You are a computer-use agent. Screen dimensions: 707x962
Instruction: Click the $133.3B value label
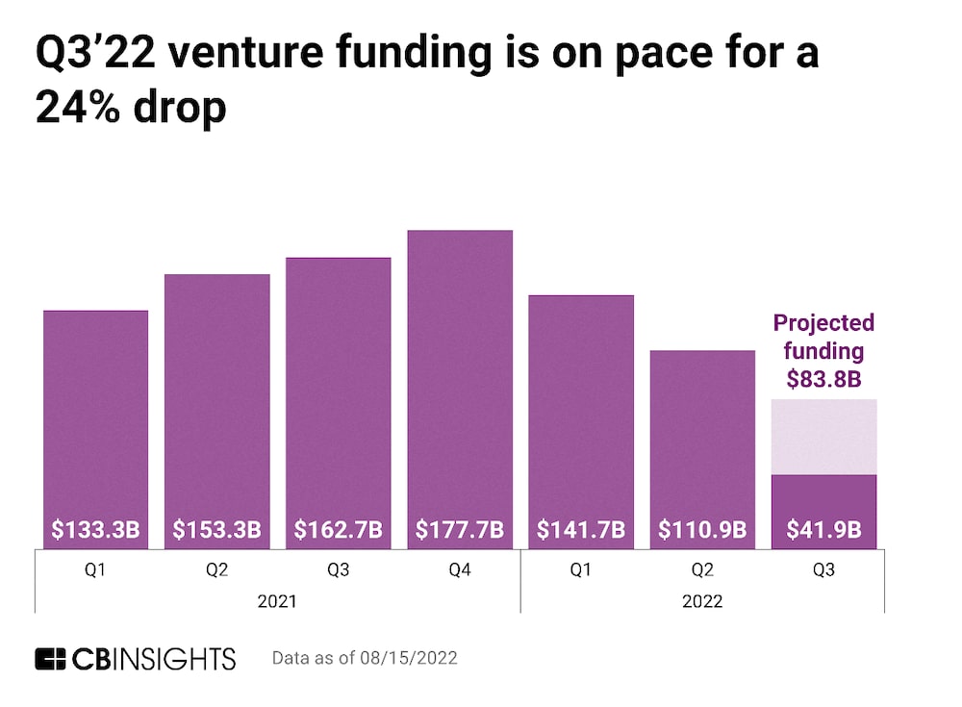pyautogui.click(x=96, y=530)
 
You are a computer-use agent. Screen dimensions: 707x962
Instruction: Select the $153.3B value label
pyautogui.click(x=217, y=530)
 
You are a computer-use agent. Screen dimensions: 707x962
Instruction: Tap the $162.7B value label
pyautogui.click(x=339, y=530)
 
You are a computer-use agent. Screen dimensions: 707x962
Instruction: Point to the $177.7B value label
pyautogui.click(x=460, y=530)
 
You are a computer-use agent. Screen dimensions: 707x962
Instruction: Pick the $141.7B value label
pyautogui.click(x=581, y=530)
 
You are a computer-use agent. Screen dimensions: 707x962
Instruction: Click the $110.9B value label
pyautogui.click(x=702, y=530)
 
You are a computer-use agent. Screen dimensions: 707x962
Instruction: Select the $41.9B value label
pyautogui.click(x=823, y=530)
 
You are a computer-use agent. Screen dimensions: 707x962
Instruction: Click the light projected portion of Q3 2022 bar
pyautogui.click(x=823, y=437)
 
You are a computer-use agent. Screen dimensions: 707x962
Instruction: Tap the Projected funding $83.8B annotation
pyautogui.click(x=823, y=350)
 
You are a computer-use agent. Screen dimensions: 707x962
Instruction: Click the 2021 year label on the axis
pyautogui.click(x=278, y=601)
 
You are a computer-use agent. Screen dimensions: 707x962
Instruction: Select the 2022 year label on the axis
pyautogui.click(x=702, y=601)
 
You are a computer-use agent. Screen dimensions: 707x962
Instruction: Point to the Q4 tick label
pyautogui.click(x=460, y=570)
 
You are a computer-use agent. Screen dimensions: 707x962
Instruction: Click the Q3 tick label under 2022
pyautogui.click(x=823, y=570)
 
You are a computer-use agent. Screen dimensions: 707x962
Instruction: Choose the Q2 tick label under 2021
pyautogui.click(x=217, y=570)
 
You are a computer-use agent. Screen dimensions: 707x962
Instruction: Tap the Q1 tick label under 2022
pyautogui.click(x=581, y=570)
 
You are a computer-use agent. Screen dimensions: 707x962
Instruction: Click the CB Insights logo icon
pyautogui.click(x=53, y=659)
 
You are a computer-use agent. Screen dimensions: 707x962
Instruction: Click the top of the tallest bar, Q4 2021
pyautogui.click(x=460, y=232)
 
